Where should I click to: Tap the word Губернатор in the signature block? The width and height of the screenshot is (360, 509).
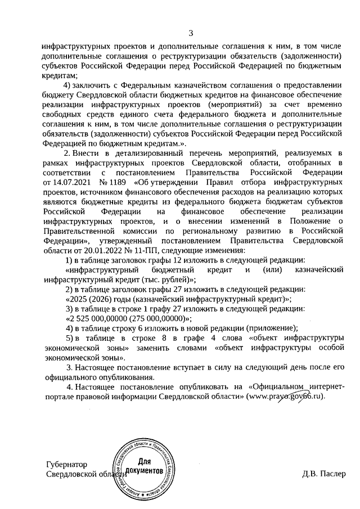pos(67,465)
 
